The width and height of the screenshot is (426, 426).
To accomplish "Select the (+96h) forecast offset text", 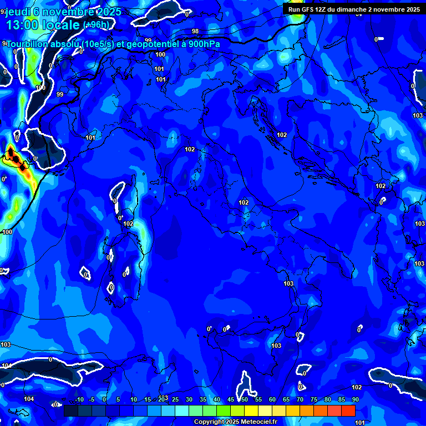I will coord(96,25).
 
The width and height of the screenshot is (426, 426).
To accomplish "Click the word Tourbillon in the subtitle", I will coord(28,44).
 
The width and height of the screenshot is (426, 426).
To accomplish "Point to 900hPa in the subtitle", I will coord(204,44).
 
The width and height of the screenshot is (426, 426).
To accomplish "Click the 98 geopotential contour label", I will coord(195,32).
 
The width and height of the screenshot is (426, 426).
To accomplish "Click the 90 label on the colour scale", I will coord(355,400).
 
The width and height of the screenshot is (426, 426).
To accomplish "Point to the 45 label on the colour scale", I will coord(231,400).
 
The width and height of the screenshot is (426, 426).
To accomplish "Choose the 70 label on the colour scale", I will coord(300,400).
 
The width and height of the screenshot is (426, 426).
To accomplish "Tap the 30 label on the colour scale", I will coord(189,400).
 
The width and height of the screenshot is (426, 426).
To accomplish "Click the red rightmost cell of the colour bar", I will coord(348,410).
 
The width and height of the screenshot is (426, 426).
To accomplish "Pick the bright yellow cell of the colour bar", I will coord(251,410).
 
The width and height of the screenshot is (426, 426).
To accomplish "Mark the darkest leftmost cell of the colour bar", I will coord(70,410).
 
